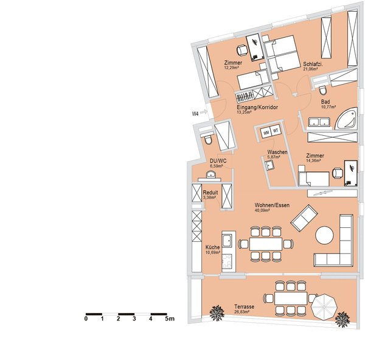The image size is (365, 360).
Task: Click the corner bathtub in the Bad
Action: pyautogui.click(x=346, y=118)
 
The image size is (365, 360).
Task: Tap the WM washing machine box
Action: pyautogui.click(x=266, y=133)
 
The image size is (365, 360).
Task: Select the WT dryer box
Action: pyautogui.click(x=276, y=130)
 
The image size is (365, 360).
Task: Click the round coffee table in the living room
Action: pyautogui.click(x=324, y=236)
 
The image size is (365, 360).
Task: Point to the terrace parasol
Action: pyautogui.click(x=324, y=306)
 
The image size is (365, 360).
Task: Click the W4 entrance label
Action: pyautogui.click(x=195, y=113)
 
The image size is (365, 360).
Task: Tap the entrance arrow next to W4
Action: pyautogui.click(x=204, y=112)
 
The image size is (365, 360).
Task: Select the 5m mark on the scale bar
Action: pyautogui.click(x=170, y=319)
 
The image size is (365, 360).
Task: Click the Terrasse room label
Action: pyautogui.click(x=244, y=306)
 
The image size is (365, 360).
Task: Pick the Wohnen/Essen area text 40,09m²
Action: pyautogui.click(x=262, y=210)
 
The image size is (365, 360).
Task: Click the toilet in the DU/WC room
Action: pyautogui.click(x=208, y=139)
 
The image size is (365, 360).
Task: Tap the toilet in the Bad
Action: pyautogui.click(x=323, y=91)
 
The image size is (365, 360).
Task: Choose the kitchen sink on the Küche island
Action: pyautogui.click(x=227, y=241)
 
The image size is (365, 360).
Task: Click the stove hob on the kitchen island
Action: pyautogui.click(x=227, y=261)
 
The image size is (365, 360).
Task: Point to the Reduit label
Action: pyautogui.click(x=210, y=192)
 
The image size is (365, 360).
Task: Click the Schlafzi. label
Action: pyautogui.click(x=313, y=65)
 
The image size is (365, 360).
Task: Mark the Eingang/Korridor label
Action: pyautogui.click(x=257, y=107)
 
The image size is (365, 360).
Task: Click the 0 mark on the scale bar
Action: pyautogui.click(x=86, y=319)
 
